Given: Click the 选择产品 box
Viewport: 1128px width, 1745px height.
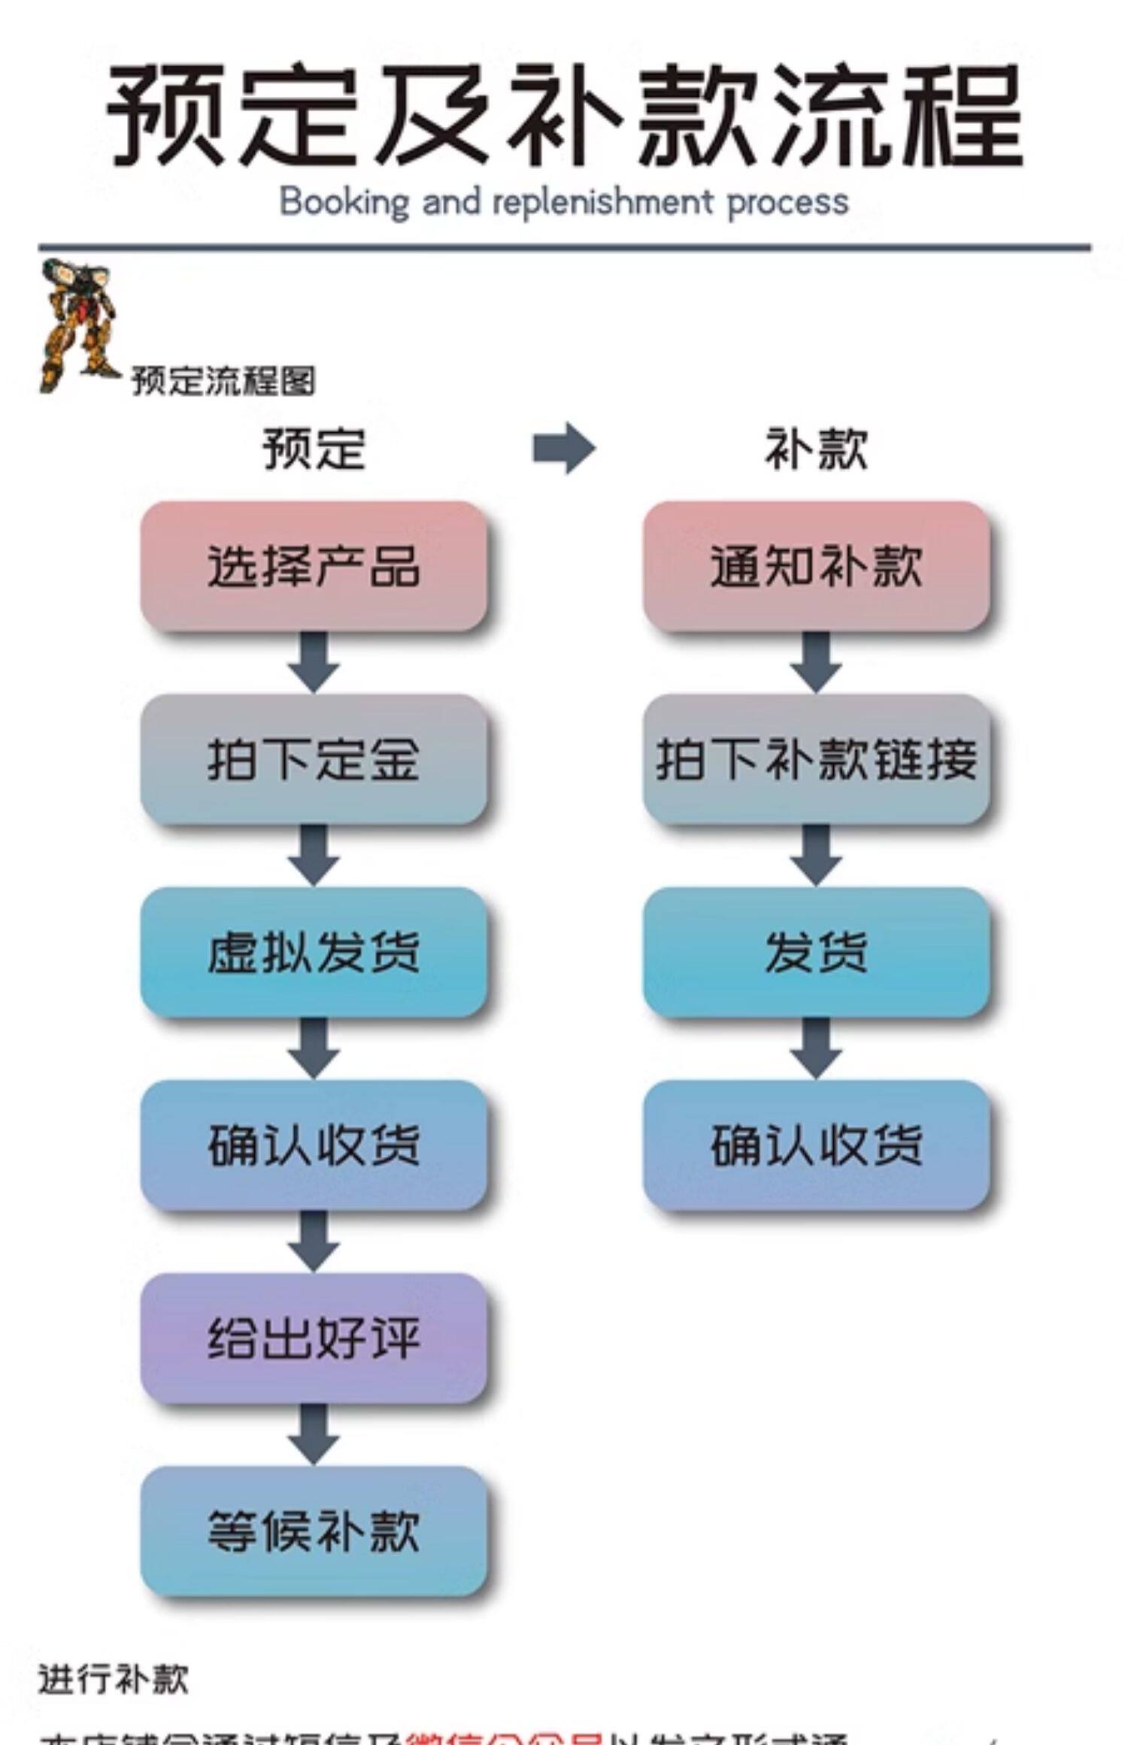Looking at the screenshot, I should point(314,566).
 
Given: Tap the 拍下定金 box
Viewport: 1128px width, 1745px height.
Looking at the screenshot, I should point(314,759).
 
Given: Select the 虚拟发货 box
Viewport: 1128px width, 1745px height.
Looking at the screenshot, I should point(314,952).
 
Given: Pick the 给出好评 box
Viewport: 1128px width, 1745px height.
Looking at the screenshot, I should point(314,1338).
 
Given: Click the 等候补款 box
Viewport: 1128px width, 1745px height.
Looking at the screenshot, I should point(314,1531).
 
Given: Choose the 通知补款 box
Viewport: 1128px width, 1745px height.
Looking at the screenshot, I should point(816,566).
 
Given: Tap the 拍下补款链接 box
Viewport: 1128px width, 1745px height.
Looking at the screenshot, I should point(816,759).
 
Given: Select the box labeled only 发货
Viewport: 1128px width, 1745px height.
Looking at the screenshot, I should point(816,952).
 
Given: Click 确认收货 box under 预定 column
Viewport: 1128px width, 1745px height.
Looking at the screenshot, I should point(314,1145).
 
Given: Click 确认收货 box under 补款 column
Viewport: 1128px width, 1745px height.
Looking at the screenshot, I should point(816,1145).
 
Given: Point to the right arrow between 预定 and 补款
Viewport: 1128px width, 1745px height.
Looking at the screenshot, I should point(563,449).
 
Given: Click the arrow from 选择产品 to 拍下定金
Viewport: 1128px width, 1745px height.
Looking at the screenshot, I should point(314,662).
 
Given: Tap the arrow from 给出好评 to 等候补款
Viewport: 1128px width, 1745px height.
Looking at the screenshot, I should point(314,1435).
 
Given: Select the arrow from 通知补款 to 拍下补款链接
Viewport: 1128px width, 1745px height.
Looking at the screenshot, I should point(816,662).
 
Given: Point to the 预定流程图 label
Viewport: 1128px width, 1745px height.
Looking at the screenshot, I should point(223,381).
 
